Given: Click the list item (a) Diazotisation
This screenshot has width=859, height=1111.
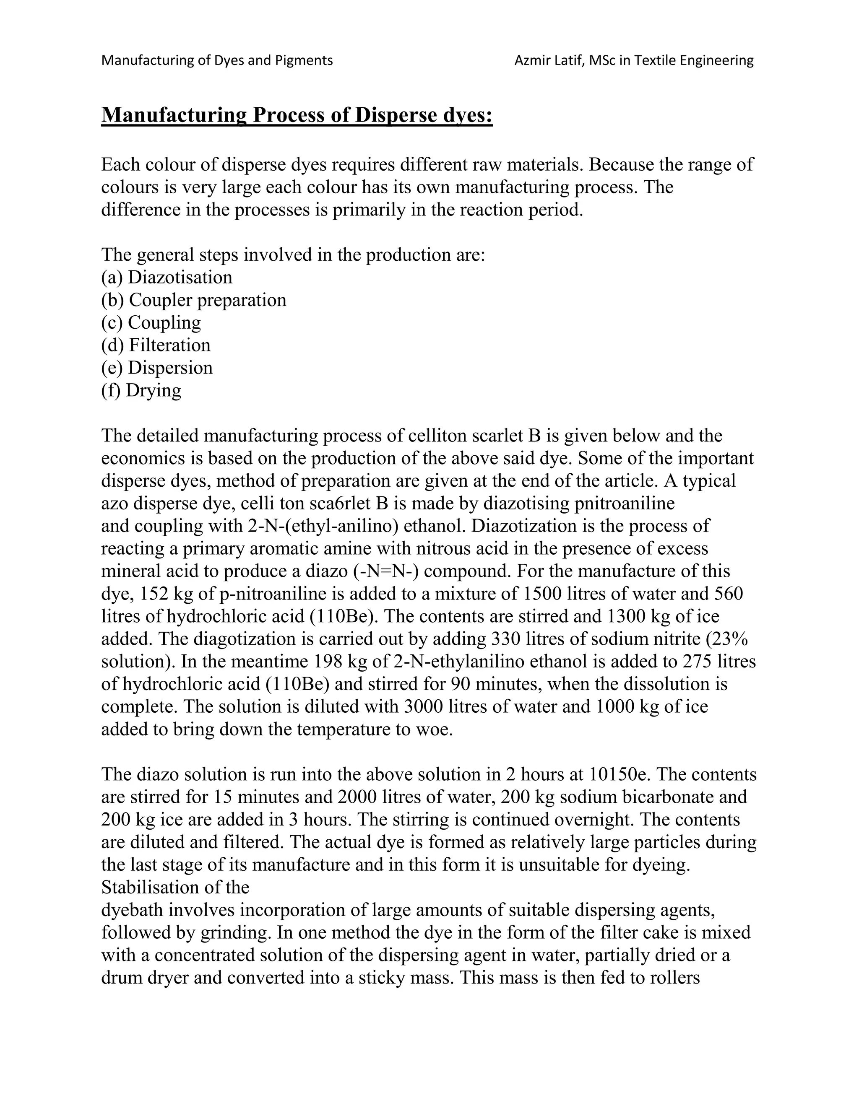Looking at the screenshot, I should pyautogui.click(x=167, y=277).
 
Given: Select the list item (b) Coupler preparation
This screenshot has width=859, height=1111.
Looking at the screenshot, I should pyautogui.click(x=193, y=300).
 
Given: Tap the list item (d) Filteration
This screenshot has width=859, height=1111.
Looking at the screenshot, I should pyautogui.click(x=155, y=345).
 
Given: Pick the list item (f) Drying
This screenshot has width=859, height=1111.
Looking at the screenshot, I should pyautogui.click(x=141, y=390).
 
